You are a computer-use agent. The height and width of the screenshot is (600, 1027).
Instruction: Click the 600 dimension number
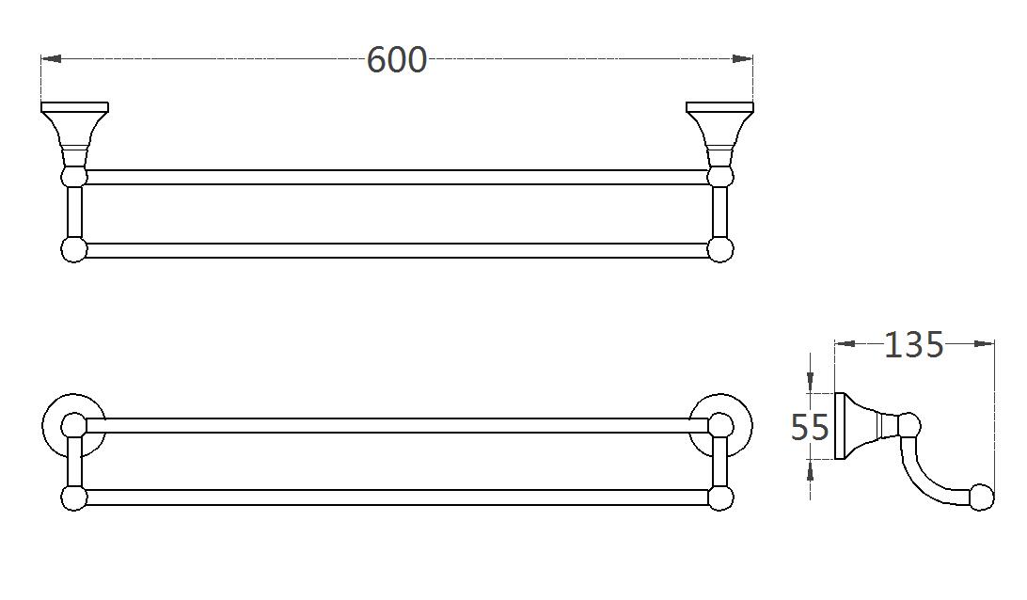(x=396, y=60)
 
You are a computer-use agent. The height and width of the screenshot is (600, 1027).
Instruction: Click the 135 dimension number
(x=913, y=345)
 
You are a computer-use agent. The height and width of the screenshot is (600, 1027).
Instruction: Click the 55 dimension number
(x=810, y=428)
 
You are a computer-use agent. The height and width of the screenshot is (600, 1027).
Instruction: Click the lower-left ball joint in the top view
(x=73, y=249)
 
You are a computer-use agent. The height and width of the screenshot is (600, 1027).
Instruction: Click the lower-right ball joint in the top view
(x=719, y=249)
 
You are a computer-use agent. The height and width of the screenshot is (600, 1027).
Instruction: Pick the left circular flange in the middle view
(x=73, y=425)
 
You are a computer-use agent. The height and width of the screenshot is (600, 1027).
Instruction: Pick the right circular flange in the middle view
(x=720, y=425)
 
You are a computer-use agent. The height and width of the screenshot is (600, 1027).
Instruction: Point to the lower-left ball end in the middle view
(x=73, y=498)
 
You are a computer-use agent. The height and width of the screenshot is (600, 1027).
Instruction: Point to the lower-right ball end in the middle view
(x=720, y=498)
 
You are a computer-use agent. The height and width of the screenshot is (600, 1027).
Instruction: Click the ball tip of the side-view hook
(x=981, y=497)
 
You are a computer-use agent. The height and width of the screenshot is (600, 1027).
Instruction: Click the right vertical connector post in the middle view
(x=720, y=462)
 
